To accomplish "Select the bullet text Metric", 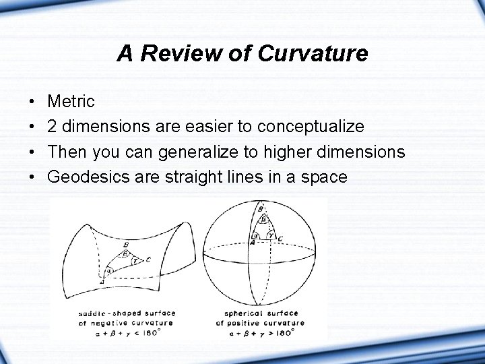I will click(x=72, y=102).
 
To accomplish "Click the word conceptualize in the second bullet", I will click(x=311, y=127).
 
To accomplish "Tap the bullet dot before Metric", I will click(x=32, y=102).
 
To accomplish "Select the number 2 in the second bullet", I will click(x=53, y=127).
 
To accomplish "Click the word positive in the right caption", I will click(x=254, y=322).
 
